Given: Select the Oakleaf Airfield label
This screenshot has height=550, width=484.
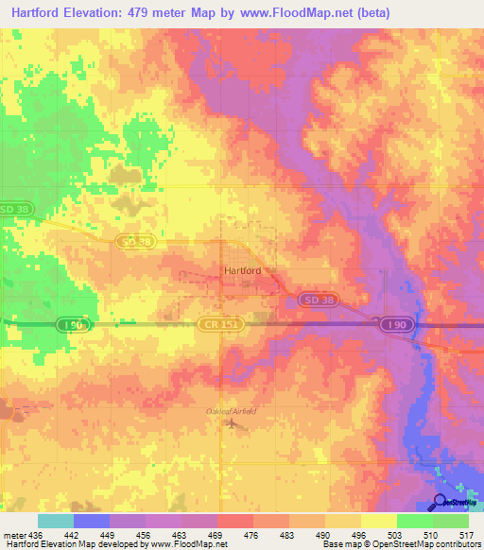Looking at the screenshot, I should tap(231, 410).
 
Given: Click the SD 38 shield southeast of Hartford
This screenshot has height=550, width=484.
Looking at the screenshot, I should tap(315, 299).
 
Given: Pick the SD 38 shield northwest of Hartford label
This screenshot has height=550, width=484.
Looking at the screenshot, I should tap(135, 243).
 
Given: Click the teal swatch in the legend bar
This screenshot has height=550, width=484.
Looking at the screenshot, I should tap(56, 521).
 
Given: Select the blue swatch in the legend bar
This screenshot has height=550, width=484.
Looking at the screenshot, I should tap(92, 521).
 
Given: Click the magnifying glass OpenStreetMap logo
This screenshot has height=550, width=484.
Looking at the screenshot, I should tap(440, 501).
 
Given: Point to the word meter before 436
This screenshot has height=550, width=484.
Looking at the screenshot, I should tap(16, 533).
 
